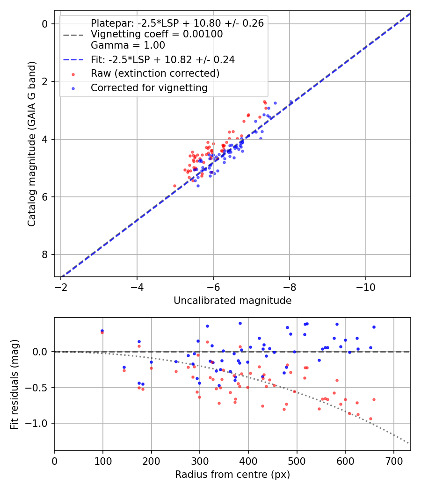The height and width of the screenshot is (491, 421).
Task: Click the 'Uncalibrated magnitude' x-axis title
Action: [x=232, y=301]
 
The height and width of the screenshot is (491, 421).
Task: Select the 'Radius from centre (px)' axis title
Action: [x=232, y=475]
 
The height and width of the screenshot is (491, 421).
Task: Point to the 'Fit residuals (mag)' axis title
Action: [x=15, y=383]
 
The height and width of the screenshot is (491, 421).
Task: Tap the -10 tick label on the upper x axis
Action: [x=365, y=287]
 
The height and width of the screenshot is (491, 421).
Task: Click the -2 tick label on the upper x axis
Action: [x=61, y=287]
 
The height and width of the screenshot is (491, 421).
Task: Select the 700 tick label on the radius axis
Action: [x=393, y=461]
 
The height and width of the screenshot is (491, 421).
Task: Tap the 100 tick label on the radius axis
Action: [x=103, y=461]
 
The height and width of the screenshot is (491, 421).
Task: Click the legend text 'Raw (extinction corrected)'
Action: [x=155, y=73]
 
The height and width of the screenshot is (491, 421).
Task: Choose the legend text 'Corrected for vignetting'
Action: [x=149, y=87]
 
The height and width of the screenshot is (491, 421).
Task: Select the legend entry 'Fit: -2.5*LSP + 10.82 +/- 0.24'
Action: [x=163, y=59]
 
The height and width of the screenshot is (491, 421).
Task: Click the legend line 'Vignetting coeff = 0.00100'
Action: [x=157, y=34]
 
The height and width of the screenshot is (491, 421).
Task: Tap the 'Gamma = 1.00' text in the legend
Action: [x=128, y=45]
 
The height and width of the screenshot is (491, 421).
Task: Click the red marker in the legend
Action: [x=73, y=74]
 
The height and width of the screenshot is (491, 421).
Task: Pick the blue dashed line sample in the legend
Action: [x=73, y=60]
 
